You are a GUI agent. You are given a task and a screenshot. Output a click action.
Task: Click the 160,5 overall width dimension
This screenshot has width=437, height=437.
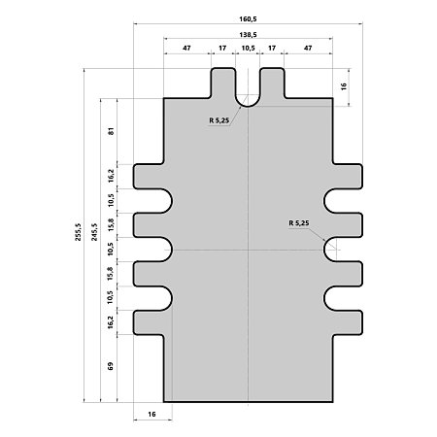click(x=248, y=19)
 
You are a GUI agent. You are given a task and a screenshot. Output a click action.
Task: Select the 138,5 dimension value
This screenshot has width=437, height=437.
click(x=248, y=35)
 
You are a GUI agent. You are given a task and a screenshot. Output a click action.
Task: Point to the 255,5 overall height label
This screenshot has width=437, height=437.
click(x=78, y=232)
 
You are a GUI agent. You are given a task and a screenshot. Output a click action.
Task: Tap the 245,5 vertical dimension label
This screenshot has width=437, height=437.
click(x=94, y=232)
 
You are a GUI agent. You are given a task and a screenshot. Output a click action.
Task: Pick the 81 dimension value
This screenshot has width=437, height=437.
click(x=112, y=131)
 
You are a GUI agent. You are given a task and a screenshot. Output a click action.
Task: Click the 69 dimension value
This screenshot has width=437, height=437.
click(x=111, y=366)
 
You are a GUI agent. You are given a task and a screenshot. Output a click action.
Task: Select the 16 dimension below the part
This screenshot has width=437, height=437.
click(x=151, y=414)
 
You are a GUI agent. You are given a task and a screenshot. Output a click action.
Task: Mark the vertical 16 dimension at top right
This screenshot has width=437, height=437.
click(x=344, y=86)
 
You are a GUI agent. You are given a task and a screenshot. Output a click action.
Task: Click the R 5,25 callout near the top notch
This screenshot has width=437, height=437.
click(x=219, y=120)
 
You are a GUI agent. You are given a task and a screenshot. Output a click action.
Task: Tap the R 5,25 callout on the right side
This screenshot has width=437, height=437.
click(x=299, y=223)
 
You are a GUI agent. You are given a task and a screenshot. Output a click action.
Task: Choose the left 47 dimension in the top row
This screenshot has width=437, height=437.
click(x=186, y=48)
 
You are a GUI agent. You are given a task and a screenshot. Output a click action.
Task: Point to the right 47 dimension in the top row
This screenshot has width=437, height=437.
click(x=308, y=48)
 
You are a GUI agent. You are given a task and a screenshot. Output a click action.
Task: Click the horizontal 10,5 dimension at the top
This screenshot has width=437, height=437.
click(x=248, y=48)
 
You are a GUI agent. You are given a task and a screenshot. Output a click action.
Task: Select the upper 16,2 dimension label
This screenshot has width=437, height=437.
click(x=112, y=176)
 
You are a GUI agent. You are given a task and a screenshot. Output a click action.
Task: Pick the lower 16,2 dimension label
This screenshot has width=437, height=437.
click(x=111, y=322)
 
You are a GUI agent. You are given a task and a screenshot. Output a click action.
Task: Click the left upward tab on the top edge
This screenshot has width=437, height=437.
click(x=223, y=83)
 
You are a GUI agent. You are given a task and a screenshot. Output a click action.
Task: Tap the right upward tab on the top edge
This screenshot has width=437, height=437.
click(x=273, y=83)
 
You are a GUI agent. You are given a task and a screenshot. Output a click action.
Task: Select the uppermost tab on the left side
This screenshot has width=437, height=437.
click(x=149, y=177)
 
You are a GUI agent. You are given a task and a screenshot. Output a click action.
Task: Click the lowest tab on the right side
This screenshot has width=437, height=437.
click(x=348, y=322)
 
